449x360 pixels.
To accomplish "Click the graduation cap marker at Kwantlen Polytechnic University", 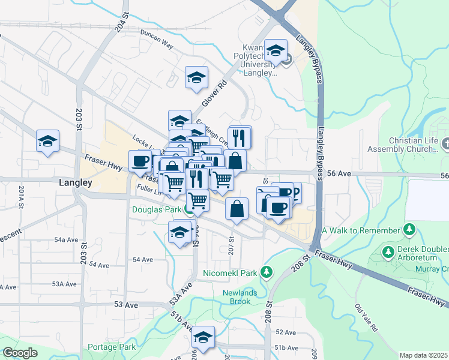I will (276, 50).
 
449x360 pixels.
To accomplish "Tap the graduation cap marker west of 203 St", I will (47, 141).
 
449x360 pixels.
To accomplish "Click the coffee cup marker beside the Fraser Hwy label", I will (140, 161).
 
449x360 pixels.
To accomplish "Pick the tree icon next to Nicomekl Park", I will (267, 273).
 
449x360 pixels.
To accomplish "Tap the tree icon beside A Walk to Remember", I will (409, 230).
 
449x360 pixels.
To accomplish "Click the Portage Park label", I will (111, 347).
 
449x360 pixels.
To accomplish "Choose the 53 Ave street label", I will (126, 305).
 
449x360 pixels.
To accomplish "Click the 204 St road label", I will (121, 26).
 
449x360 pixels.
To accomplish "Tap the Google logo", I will (20, 353).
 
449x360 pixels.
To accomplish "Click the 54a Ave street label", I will (66, 239).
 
